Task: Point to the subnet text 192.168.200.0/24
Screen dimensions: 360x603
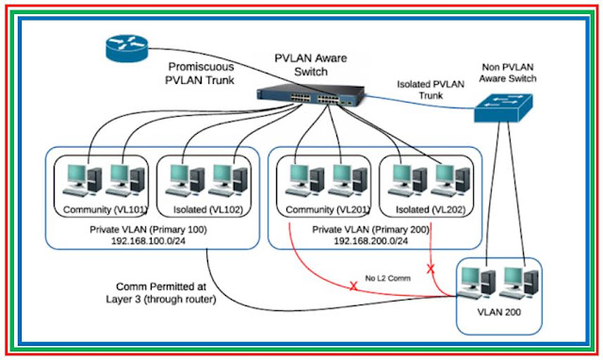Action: pyautogui.click(x=370, y=241)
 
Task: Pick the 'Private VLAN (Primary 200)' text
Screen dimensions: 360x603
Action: pyautogui.click(x=370, y=228)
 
